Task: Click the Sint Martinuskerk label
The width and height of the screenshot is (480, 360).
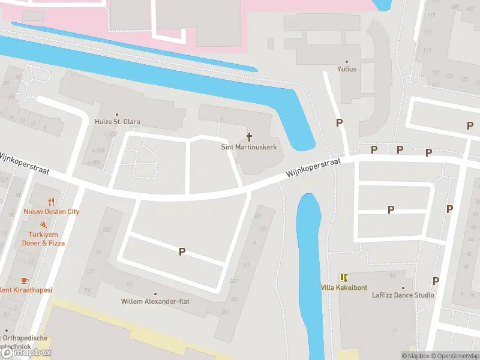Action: click(248, 147)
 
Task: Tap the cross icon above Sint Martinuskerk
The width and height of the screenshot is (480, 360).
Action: click(249, 137)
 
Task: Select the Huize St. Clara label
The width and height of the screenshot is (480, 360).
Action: click(117, 122)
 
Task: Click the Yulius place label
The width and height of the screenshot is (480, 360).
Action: click(346, 69)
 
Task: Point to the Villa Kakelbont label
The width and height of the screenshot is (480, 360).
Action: click(343, 287)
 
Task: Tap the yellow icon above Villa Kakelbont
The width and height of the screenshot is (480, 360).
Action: click(344, 278)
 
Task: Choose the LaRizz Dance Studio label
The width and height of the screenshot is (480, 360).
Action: click(403, 295)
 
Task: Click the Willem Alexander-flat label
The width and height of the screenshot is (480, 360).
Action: click(155, 301)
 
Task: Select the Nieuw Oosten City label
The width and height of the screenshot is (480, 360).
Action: click(52, 212)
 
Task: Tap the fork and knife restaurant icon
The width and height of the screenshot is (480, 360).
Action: click(52, 202)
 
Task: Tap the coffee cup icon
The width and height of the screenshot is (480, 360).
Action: click(24, 280)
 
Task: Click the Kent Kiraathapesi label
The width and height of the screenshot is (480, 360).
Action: click(25, 290)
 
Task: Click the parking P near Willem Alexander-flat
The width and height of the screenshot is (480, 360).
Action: click(182, 252)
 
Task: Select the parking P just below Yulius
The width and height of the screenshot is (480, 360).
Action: click(340, 123)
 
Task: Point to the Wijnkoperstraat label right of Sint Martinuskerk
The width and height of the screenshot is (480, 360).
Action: click(313, 168)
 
